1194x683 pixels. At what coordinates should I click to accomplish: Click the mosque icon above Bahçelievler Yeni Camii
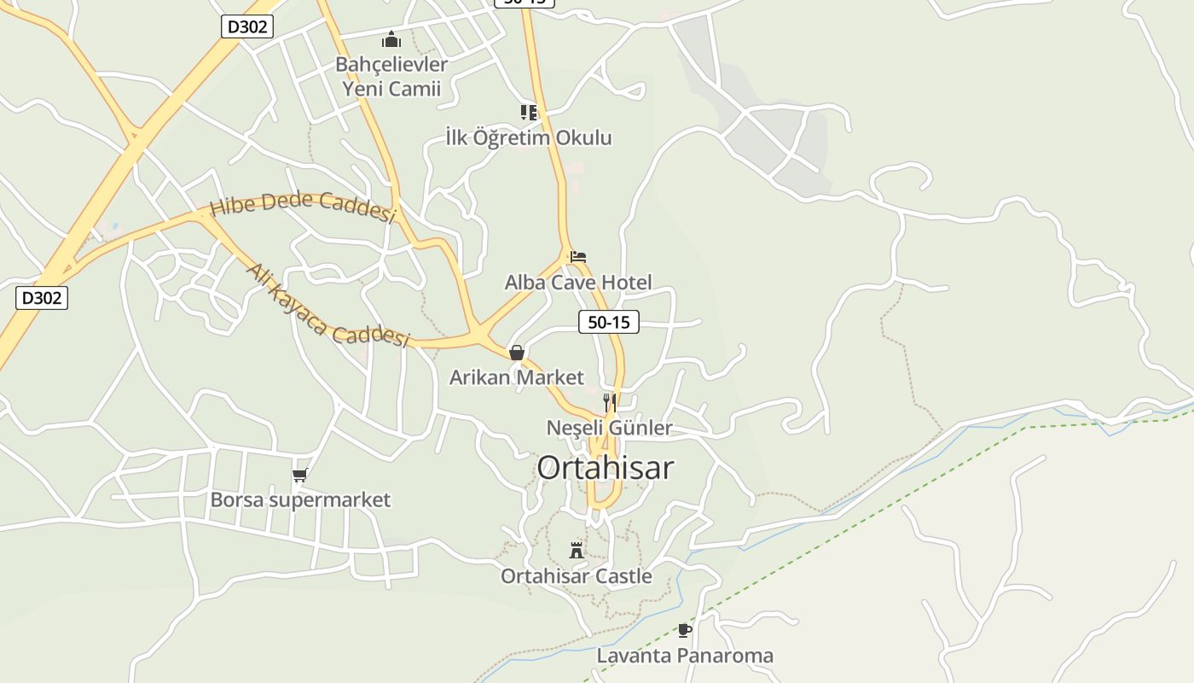point(391,39)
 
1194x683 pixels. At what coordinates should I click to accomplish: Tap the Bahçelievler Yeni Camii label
point(391,76)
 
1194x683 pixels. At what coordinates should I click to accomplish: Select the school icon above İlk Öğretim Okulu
point(529,112)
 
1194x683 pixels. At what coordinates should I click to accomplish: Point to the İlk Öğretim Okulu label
point(529,137)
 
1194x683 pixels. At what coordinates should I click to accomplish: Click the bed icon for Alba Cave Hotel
point(578,256)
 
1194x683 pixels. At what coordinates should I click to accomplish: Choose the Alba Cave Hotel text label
point(578,283)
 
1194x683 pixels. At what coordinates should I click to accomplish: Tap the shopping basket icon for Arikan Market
point(516,353)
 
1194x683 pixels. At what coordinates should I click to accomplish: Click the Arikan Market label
point(517,377)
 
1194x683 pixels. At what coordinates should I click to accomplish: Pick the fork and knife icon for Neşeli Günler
point(610,402)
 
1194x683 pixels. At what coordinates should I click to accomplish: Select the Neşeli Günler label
point(610,428)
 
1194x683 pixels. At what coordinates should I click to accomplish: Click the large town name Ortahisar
point(606,468)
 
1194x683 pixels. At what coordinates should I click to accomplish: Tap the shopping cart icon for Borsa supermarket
point(299,476)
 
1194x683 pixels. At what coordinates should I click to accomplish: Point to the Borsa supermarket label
point(300,499)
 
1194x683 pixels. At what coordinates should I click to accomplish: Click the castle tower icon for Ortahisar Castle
point(577,550)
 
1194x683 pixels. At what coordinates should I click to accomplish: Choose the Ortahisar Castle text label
point(577,576)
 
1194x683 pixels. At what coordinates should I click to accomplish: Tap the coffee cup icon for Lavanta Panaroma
point(684,630)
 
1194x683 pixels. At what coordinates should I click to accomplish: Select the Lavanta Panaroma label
point(685,656)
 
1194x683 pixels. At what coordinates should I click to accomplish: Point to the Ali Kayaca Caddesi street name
point(328,306)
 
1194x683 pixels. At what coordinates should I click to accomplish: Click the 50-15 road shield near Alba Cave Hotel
point(609,322)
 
